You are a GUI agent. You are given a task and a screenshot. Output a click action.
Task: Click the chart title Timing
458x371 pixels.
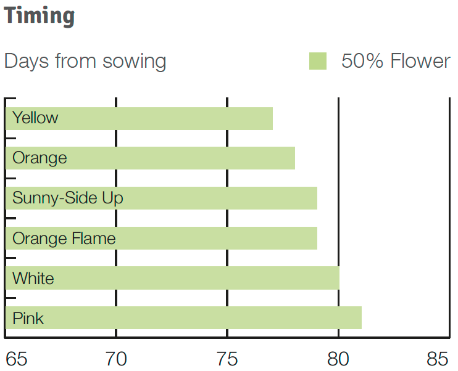click(x=39, y=17)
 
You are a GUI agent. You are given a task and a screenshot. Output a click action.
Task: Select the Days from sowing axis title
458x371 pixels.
click(x=85, y=62)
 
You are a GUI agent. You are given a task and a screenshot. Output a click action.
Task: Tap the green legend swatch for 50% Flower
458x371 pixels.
click(x=318, y=61)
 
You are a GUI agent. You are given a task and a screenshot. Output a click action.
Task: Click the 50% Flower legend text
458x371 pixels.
click(x=396, y=61)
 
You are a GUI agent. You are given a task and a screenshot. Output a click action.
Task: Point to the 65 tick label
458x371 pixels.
click(x=16, y=359)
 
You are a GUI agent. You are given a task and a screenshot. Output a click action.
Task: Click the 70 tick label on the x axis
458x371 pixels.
click(x=116, y=359)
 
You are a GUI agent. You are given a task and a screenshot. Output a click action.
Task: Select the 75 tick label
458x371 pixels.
click(x=227, y=359)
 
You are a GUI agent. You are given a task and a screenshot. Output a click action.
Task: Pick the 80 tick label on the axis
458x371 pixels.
click(x=338, y=359)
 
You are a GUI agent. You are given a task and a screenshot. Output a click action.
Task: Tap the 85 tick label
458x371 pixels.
click(x=437, y=359)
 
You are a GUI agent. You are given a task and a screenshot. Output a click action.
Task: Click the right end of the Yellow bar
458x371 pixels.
click(x=273, y=118)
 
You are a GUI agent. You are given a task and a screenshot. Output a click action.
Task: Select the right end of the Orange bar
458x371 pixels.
click(x=294, y=158)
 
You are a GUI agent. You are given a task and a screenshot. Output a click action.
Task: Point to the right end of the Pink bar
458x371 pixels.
click(x=362, y=317)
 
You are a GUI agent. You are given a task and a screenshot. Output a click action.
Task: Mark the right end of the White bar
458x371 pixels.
click(x=339, y=278)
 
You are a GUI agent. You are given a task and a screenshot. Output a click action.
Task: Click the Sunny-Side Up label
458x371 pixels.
click(x=68, y=198)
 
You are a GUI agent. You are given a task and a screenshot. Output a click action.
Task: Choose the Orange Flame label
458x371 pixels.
click(x=64, y=238)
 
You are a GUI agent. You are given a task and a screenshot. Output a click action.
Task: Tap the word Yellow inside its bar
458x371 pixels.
click(x=35, y=118)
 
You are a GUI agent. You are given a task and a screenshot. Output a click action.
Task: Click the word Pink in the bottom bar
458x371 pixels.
click(x=28, y=318)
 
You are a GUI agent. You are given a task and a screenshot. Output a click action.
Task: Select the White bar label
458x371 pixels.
click(x=33, y=278)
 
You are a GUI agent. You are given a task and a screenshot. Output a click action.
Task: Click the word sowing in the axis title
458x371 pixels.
click(x=135, y=62)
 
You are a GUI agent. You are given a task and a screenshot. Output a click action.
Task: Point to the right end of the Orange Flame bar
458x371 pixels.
click(x=317, y=238)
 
